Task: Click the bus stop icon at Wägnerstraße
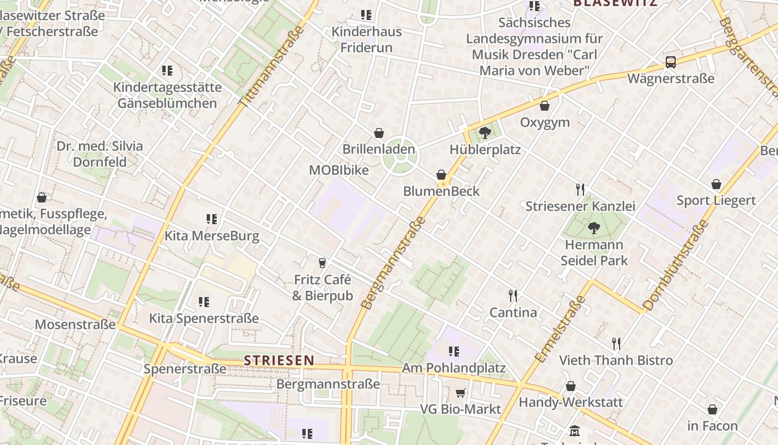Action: (x=671, y=62)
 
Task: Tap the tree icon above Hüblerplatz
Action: (x=485, y=132)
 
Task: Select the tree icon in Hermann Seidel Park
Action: (x=594, y=228)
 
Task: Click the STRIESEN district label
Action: (x=280, y=360)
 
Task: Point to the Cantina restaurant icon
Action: (x=513, y=295)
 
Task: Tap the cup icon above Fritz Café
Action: (x=322, y=263)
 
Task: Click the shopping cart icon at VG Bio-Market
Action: (x=461, y=393)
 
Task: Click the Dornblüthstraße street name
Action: (x=676, y=265)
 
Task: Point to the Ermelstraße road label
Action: (x=560, y=329)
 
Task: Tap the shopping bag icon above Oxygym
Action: (x=545, y=106)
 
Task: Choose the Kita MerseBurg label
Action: (x=212, y=236)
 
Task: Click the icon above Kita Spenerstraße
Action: (x=204, y=302)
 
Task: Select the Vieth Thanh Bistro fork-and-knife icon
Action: (x=616, y=343)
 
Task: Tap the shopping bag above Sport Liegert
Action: (x=716, y=184)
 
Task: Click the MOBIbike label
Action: (x=339, y=170)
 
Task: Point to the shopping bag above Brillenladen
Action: (x=379, y=133)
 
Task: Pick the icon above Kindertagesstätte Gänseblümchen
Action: (x=167, y=71)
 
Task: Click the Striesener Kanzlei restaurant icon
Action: (x=580, y=190)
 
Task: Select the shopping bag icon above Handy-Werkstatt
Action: (x=571, y=386)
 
